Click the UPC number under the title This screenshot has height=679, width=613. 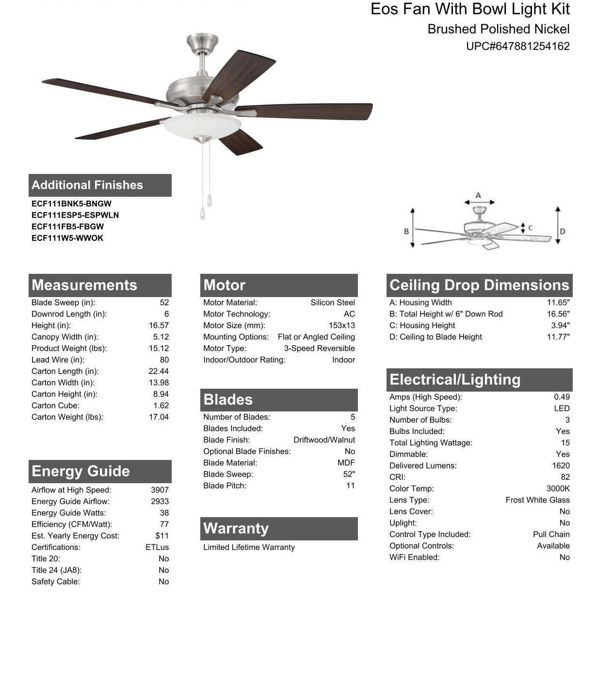517,47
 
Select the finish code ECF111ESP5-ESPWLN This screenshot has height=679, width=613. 75,215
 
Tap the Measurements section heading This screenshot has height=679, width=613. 84,285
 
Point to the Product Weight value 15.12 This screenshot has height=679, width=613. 159,348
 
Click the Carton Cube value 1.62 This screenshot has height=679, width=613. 161,406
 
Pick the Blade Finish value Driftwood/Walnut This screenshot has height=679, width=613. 324,440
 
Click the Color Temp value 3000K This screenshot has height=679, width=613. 558,489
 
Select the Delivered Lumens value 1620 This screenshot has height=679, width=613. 561,466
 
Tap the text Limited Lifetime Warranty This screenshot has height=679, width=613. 249,547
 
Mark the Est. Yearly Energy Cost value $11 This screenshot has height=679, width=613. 162,536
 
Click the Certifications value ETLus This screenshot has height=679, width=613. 157,547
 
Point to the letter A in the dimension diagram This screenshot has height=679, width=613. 478,196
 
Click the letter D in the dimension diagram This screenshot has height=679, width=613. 563,232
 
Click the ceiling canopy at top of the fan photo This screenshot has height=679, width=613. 202,42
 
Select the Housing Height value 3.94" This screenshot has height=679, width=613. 560,326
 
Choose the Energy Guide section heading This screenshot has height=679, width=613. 81,471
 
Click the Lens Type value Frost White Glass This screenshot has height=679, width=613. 537,500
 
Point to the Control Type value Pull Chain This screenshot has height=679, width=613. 551,534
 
